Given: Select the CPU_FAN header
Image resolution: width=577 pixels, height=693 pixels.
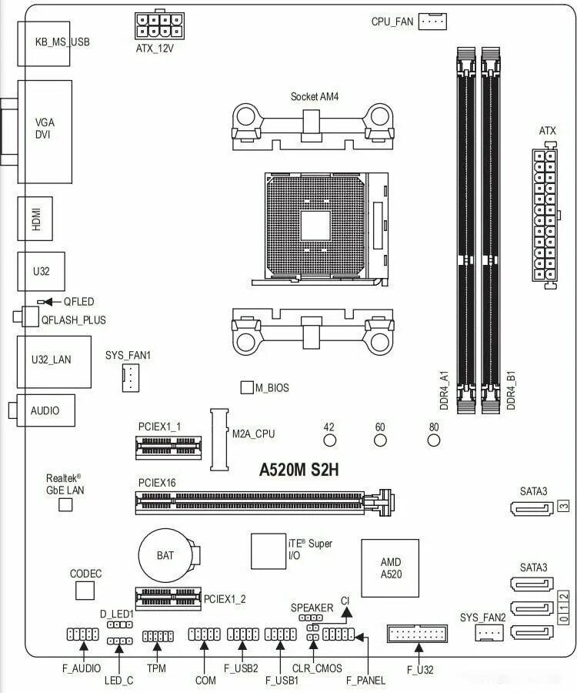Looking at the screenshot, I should [x=433, y=22].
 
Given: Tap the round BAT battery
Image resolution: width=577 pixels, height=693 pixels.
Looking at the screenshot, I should [x=164, y=553].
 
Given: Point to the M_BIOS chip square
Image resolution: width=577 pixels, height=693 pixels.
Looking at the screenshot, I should [x=247, y=387].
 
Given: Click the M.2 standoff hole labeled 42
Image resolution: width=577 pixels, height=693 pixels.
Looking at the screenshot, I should [x=329, y=440].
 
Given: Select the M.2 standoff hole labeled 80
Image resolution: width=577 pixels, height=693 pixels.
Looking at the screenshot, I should [x=434, y=440].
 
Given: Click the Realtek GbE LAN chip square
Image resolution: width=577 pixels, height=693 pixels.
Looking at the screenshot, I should [x=65, y=504].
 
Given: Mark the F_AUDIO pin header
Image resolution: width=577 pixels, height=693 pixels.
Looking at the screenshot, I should [x=82, y=635].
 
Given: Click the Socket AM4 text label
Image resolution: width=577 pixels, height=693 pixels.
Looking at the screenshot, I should [x=314, y=97].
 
